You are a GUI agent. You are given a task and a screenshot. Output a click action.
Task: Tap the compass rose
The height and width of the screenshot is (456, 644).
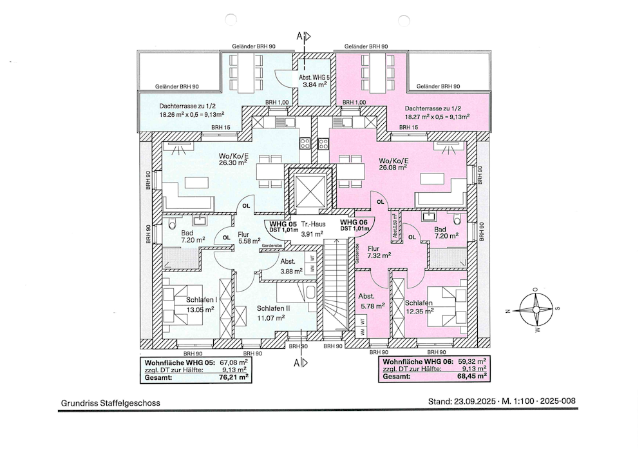click(535, 310)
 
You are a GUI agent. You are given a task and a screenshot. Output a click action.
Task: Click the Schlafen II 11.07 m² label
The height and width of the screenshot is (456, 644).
click(274, 313)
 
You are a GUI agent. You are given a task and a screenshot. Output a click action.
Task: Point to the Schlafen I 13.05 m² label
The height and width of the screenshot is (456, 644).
click(201, 304)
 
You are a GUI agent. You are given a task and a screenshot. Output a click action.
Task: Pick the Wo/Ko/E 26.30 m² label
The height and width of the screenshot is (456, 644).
click(233, 159)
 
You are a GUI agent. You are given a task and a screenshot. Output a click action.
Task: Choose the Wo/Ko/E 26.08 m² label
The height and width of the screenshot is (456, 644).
click(393, 164)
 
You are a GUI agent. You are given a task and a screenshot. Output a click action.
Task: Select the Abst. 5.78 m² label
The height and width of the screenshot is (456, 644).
click(372, 301)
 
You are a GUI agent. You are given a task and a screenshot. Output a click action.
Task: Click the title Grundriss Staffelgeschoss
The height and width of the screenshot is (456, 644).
click(111, 403)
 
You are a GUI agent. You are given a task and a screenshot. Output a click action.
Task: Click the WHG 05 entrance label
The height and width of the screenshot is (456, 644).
click(283, 226)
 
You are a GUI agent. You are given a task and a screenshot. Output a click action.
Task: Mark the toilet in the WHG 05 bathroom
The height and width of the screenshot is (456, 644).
click(172, 223)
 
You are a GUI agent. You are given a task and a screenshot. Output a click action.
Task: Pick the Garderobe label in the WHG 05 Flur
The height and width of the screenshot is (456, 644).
click(272, 246)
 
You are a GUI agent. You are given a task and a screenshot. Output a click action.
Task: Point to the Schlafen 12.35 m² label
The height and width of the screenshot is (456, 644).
click(419, 307)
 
